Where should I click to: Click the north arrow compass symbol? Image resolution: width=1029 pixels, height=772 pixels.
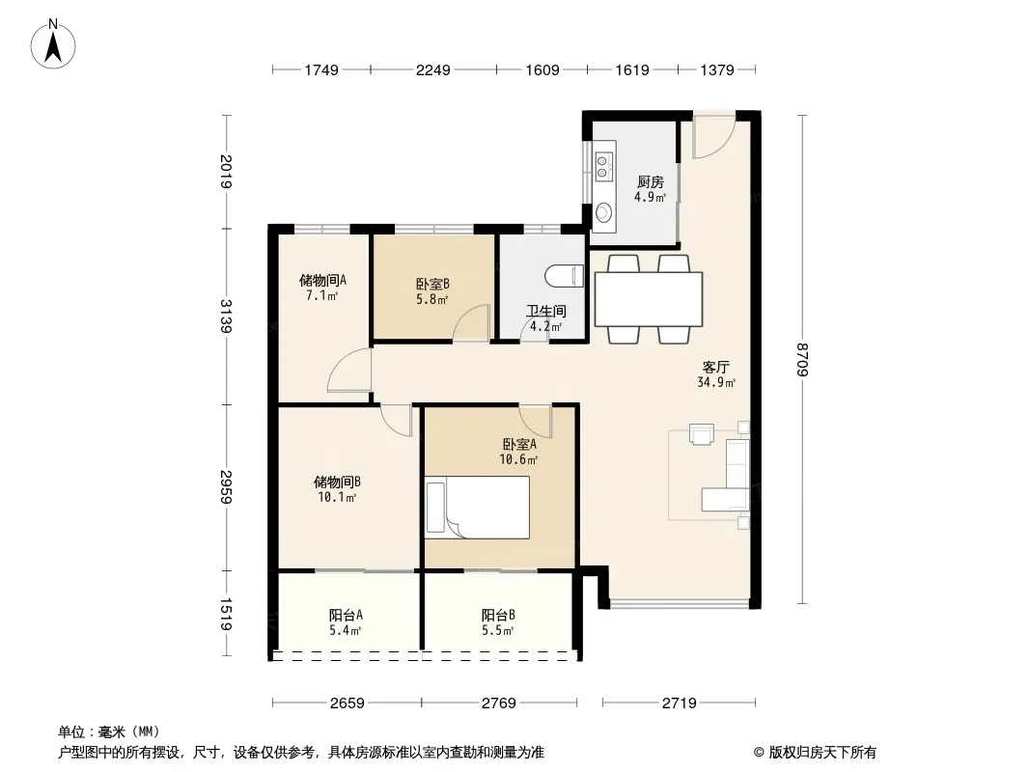click(53, 44)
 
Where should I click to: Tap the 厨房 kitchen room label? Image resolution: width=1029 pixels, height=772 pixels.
click(650, 181)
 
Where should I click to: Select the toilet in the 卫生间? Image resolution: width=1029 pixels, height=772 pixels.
click(565, 275)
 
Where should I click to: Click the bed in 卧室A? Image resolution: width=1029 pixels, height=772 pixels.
click(477, 508)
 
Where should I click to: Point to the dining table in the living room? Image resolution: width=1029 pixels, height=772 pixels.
click(649, 299)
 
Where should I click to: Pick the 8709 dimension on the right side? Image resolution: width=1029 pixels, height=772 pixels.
click(802, 359)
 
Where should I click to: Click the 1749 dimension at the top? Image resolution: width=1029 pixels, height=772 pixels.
click(320, 69)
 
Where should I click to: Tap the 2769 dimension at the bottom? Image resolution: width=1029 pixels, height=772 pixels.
click(499, 703)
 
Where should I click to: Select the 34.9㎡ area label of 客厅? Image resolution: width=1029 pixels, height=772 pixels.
click(716, 382)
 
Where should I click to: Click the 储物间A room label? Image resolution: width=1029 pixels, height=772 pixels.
click(322, 281)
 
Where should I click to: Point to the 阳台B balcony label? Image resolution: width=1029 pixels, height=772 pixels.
click(498, 616)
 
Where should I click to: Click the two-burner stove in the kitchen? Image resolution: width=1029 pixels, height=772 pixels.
click(603, 166)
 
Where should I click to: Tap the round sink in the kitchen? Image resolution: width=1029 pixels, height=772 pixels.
click(603, 212)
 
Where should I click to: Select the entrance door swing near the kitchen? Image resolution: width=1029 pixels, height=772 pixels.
click(714, 137)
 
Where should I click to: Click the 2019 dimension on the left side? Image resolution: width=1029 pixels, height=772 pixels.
click(226, 171)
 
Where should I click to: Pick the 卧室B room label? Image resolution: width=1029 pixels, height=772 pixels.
click(432, 284)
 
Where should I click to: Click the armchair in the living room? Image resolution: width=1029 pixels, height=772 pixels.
click(702, 434)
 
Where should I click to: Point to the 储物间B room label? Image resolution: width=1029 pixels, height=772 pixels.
click(337, 482)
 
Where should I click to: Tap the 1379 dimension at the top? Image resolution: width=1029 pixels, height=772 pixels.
click(716, 69)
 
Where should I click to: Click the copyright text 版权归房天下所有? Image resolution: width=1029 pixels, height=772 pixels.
click(822, 753)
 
